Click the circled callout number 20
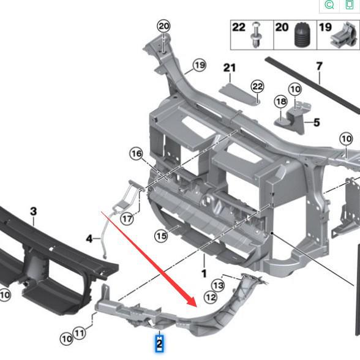tap(163, 26)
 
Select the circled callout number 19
tap(199, 65)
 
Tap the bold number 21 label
tap(229, 67)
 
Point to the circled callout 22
tap(257, 87)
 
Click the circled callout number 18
tap(280, 101)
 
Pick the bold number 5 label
tap(317, 122)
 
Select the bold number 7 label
tap(319, 66)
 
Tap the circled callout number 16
tap(136, 154)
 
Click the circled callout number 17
tap(127, 219)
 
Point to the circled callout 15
tap(161, 236)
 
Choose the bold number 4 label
tap(89, 238)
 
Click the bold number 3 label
tap(33, 211)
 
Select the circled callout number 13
tap(219, 285)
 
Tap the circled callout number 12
tap(211, 298)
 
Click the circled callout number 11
tap(80, 334)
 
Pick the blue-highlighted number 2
tap(160, 344)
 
